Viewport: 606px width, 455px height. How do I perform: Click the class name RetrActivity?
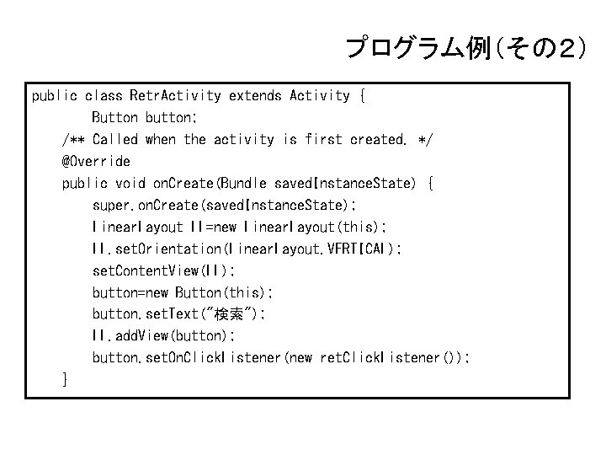coord(175,96)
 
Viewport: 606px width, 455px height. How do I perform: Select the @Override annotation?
coord(96,161)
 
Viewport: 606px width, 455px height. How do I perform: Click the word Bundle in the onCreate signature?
coord(244,183)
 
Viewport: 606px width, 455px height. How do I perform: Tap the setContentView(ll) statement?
coord(164,270)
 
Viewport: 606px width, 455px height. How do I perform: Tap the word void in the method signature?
coord(130,183)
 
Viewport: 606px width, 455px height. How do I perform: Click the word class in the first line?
coord(103,96)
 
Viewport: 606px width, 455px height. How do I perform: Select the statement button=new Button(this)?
coord(182,292)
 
